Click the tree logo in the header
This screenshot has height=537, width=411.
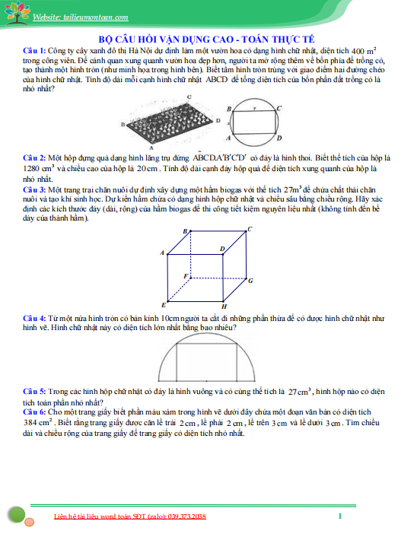point(17,13)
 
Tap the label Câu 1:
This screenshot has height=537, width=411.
point(34,51)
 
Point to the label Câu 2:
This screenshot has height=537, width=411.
point(34,158)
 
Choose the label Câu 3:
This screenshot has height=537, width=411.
point(34,189)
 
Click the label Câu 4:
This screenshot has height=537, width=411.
point(34,318)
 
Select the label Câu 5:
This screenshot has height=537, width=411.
point(34,391)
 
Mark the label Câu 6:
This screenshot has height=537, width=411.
point(34,411)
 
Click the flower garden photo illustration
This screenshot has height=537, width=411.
point(169,122)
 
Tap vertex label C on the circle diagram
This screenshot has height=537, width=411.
point(279,108)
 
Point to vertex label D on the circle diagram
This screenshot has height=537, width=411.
point(279,138)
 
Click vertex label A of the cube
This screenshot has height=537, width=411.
point(162,253)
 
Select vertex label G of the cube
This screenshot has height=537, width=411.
point(250,281)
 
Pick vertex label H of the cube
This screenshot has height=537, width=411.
point(224,307)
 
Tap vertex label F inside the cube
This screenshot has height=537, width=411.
point(186,276)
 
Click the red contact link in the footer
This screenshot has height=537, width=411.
point(130,516)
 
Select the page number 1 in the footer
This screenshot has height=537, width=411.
point(339,516)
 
